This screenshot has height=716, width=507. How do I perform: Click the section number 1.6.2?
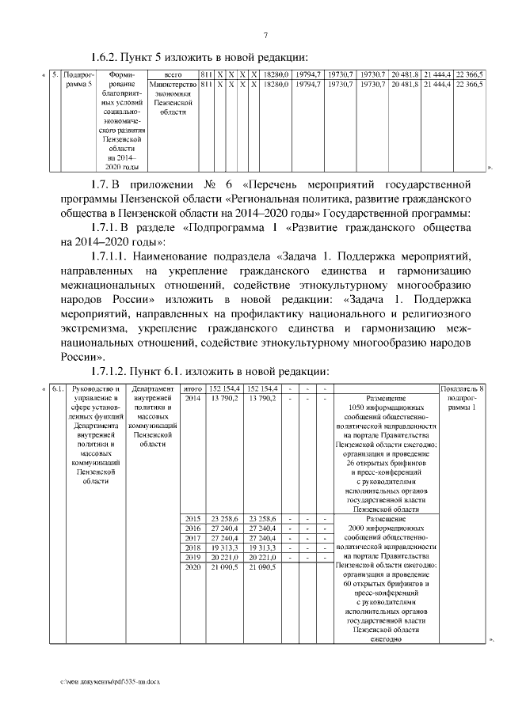107,57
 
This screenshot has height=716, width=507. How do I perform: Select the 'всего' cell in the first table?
173,74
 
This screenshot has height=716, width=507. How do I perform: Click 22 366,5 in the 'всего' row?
469,74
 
